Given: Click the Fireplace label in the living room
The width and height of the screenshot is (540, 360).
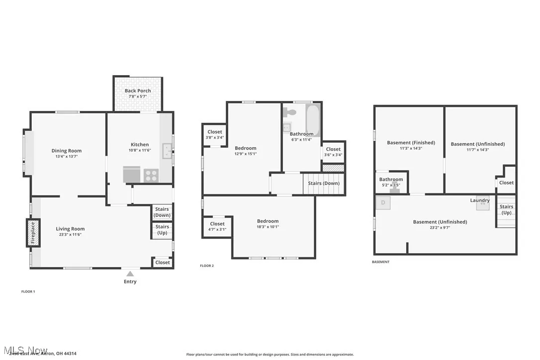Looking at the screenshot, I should (33, 233).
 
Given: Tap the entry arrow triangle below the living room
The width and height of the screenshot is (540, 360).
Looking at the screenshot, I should (130, 273).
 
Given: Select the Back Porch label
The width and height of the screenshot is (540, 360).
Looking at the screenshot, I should (138, 91).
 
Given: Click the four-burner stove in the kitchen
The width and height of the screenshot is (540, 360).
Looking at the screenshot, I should (151, 176).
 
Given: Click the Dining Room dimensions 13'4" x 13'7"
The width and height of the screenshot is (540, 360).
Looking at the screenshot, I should (67, 156).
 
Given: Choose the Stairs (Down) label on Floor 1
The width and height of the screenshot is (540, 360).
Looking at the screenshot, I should (162, 212).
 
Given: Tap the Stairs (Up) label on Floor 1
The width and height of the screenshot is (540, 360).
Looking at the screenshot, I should (162, 230).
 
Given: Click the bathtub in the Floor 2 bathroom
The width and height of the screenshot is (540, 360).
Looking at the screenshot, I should (313, 120).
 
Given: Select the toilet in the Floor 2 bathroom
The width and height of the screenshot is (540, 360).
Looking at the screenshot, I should (291, 112).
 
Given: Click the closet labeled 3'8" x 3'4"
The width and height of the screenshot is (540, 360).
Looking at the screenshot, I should (215, 135).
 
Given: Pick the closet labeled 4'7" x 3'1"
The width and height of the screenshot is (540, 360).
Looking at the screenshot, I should (217, 227).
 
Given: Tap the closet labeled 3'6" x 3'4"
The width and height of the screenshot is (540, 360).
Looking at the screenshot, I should (333, 152).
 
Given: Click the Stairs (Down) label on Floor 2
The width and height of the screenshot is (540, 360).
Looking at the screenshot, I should (324, 183).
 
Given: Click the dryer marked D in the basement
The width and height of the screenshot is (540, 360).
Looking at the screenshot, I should (383, 203).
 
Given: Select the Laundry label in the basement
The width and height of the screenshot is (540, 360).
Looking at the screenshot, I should (480, 200).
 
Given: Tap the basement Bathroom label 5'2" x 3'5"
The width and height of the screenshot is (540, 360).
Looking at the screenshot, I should (391, 182).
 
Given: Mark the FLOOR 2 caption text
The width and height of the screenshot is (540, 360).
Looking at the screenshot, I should (207, 266).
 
